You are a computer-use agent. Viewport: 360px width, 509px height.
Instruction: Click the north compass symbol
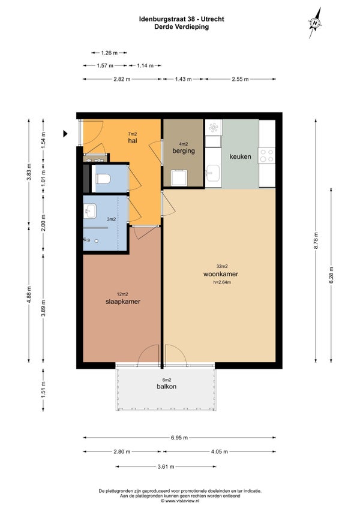[x=314, y=23]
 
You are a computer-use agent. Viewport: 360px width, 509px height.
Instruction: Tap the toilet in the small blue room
[x=103, y=179]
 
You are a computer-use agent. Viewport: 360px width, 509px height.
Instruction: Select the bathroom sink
[x=89, y=211]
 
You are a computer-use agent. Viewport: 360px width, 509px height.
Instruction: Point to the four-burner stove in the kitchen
[x=267, y=155]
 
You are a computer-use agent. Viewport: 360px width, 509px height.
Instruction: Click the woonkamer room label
[x=221, y=274]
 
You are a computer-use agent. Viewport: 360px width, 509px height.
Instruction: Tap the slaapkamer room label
[x=123, y=302]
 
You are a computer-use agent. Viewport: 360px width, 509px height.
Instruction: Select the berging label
[x=184, y=150]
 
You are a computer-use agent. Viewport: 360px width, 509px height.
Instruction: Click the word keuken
[x=241, y=156]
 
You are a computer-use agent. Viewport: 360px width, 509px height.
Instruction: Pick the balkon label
[x=167, y=387]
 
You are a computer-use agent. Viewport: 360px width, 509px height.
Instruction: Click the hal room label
[x=132, y=140]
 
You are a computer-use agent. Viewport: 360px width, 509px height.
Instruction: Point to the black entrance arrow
[x=65, y=134]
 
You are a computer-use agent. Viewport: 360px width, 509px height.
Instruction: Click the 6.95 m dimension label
[x=179, y=438]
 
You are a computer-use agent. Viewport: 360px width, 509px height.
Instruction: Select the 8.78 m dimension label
[x=316, y=240]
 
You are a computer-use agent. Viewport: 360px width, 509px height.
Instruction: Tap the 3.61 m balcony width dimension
[x=166, y=467]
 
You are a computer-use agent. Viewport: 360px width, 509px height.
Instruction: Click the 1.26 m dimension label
[x=109, y=53]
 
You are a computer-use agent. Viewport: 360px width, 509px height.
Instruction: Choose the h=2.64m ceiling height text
[x=222, y=282]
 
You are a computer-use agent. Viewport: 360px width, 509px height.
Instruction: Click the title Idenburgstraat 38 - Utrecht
[x=182, y=19]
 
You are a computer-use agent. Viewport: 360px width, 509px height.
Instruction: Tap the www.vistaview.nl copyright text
[x=180, y=501]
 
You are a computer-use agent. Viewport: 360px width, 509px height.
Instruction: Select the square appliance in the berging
[x=179, y=178]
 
